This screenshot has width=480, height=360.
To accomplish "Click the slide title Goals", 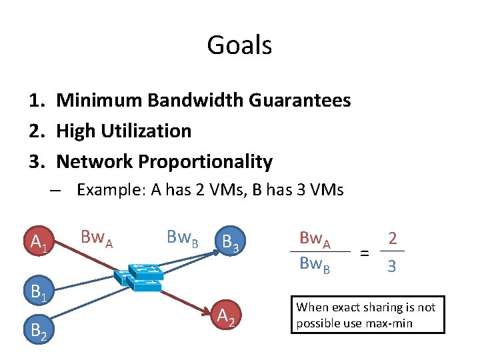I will tap(239, 45).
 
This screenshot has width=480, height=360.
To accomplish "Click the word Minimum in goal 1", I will tap(99, 101).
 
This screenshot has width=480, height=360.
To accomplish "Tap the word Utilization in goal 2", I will tap(147, 131).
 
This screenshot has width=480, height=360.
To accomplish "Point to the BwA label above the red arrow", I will tap(96, 237).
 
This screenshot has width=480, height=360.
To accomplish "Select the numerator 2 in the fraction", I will tap(393, 238).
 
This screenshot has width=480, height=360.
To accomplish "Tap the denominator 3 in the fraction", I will tap(392, 267).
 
